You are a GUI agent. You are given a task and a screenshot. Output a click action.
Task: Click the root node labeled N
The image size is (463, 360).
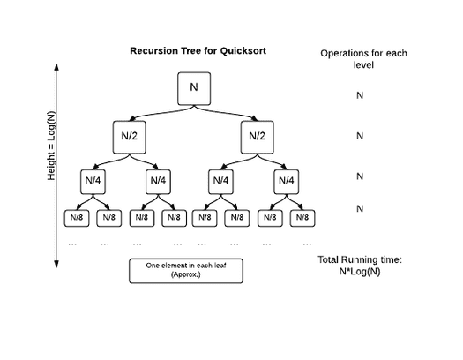194,88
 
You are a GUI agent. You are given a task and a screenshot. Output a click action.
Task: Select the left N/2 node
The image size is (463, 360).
130,137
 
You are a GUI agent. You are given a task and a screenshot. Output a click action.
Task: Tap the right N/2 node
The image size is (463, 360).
258,137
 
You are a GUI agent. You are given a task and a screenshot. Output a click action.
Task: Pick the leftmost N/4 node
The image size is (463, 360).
93,182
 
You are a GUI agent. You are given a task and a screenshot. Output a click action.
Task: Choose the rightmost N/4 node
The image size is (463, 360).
286,182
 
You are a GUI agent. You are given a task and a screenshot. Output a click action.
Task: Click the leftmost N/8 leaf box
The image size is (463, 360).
77,218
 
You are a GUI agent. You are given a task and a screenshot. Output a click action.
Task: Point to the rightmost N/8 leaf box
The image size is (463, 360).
302,218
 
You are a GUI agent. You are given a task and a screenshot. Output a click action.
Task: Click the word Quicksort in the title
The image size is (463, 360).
243,51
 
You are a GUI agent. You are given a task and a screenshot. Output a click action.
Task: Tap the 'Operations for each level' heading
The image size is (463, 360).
363,59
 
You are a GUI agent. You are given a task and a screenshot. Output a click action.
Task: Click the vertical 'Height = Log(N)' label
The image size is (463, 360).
51,146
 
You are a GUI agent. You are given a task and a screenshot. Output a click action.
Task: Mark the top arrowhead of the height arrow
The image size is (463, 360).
56,66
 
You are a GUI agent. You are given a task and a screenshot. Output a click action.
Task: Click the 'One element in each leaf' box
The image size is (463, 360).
186,271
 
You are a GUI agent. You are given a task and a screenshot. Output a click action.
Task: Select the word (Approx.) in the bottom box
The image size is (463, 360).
186,274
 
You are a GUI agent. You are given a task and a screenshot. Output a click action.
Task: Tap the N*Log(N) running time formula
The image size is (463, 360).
360,272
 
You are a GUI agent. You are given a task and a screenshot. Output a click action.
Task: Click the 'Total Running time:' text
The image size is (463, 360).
360,259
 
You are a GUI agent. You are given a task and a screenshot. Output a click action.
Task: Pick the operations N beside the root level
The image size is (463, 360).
360,95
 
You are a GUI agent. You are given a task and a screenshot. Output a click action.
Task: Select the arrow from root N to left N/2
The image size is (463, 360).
161,113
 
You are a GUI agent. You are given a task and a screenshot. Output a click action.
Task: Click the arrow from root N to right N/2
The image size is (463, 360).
226,113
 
